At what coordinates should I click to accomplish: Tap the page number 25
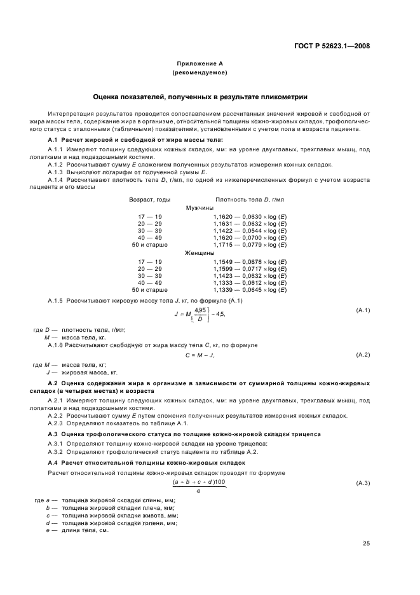366,543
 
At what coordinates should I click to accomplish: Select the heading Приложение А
200,64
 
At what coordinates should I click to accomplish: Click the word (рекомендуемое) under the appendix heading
200,73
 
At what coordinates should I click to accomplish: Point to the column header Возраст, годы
150,199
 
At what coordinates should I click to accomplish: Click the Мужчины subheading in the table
200,208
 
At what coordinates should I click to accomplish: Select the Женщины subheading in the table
200,252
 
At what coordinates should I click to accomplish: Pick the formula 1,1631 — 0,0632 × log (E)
250,223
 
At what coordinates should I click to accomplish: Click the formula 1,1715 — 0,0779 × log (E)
250,245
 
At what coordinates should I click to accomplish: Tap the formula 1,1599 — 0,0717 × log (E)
250,268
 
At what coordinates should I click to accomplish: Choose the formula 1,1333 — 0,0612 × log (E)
250,282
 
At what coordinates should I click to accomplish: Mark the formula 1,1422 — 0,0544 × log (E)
250,230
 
